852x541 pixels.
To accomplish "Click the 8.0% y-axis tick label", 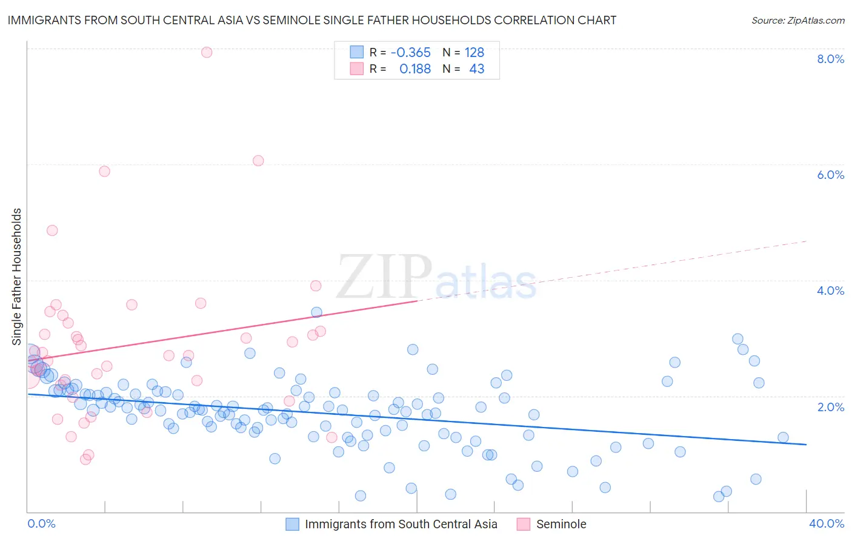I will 830,59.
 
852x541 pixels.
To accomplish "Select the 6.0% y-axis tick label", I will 830,175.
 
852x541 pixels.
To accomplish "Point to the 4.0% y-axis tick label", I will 830,291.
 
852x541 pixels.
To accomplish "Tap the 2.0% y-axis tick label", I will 830,407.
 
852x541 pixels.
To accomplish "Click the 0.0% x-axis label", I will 41,523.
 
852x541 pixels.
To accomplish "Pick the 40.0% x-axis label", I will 826,523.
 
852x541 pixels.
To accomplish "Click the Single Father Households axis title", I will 17,277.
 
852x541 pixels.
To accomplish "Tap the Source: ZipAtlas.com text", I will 797,20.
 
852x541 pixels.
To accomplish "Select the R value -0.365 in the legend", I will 410,53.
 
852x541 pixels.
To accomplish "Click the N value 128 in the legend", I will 474,53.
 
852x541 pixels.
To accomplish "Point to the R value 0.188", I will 414,69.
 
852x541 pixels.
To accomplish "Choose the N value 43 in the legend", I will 476,69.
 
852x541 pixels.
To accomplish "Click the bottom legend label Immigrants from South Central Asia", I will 401,524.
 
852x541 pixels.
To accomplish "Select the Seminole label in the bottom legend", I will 561,524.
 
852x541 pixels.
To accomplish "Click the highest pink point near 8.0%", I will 207,52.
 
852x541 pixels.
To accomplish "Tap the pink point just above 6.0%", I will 258,161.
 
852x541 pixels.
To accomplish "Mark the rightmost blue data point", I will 783,437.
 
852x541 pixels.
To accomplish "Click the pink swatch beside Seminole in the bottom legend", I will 523,524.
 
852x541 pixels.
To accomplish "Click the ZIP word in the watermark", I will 384,277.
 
